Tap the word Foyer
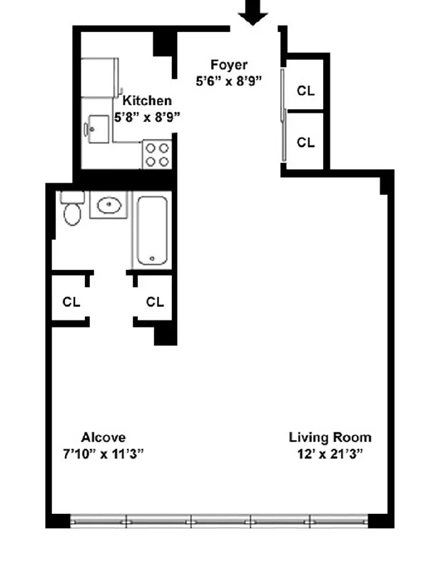228,66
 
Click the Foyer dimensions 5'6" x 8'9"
228,81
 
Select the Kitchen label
147,101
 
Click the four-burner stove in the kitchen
158,154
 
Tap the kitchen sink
95,129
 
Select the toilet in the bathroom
72,209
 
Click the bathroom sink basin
108,206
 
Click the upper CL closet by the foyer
305,91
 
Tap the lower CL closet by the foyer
305,142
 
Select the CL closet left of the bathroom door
71,302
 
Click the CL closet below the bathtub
155,302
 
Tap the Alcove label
103,438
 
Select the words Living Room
330,438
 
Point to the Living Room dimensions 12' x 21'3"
330,454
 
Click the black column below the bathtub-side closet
165,333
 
